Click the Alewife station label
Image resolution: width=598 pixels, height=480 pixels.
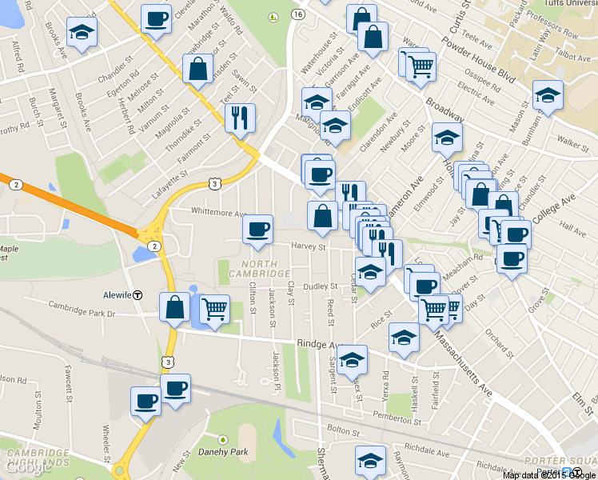117,294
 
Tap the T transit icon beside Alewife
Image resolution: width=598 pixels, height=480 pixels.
138,294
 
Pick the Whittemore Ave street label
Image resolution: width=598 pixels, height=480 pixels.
218,213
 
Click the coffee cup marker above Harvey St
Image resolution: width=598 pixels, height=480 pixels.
257,230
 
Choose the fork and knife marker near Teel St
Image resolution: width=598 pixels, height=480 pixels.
240,118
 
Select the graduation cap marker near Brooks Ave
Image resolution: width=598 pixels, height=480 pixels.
80,32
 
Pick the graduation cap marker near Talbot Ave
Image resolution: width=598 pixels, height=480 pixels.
548,95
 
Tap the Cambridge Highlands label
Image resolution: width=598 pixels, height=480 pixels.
38,458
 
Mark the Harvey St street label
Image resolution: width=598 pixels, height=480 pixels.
309,247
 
